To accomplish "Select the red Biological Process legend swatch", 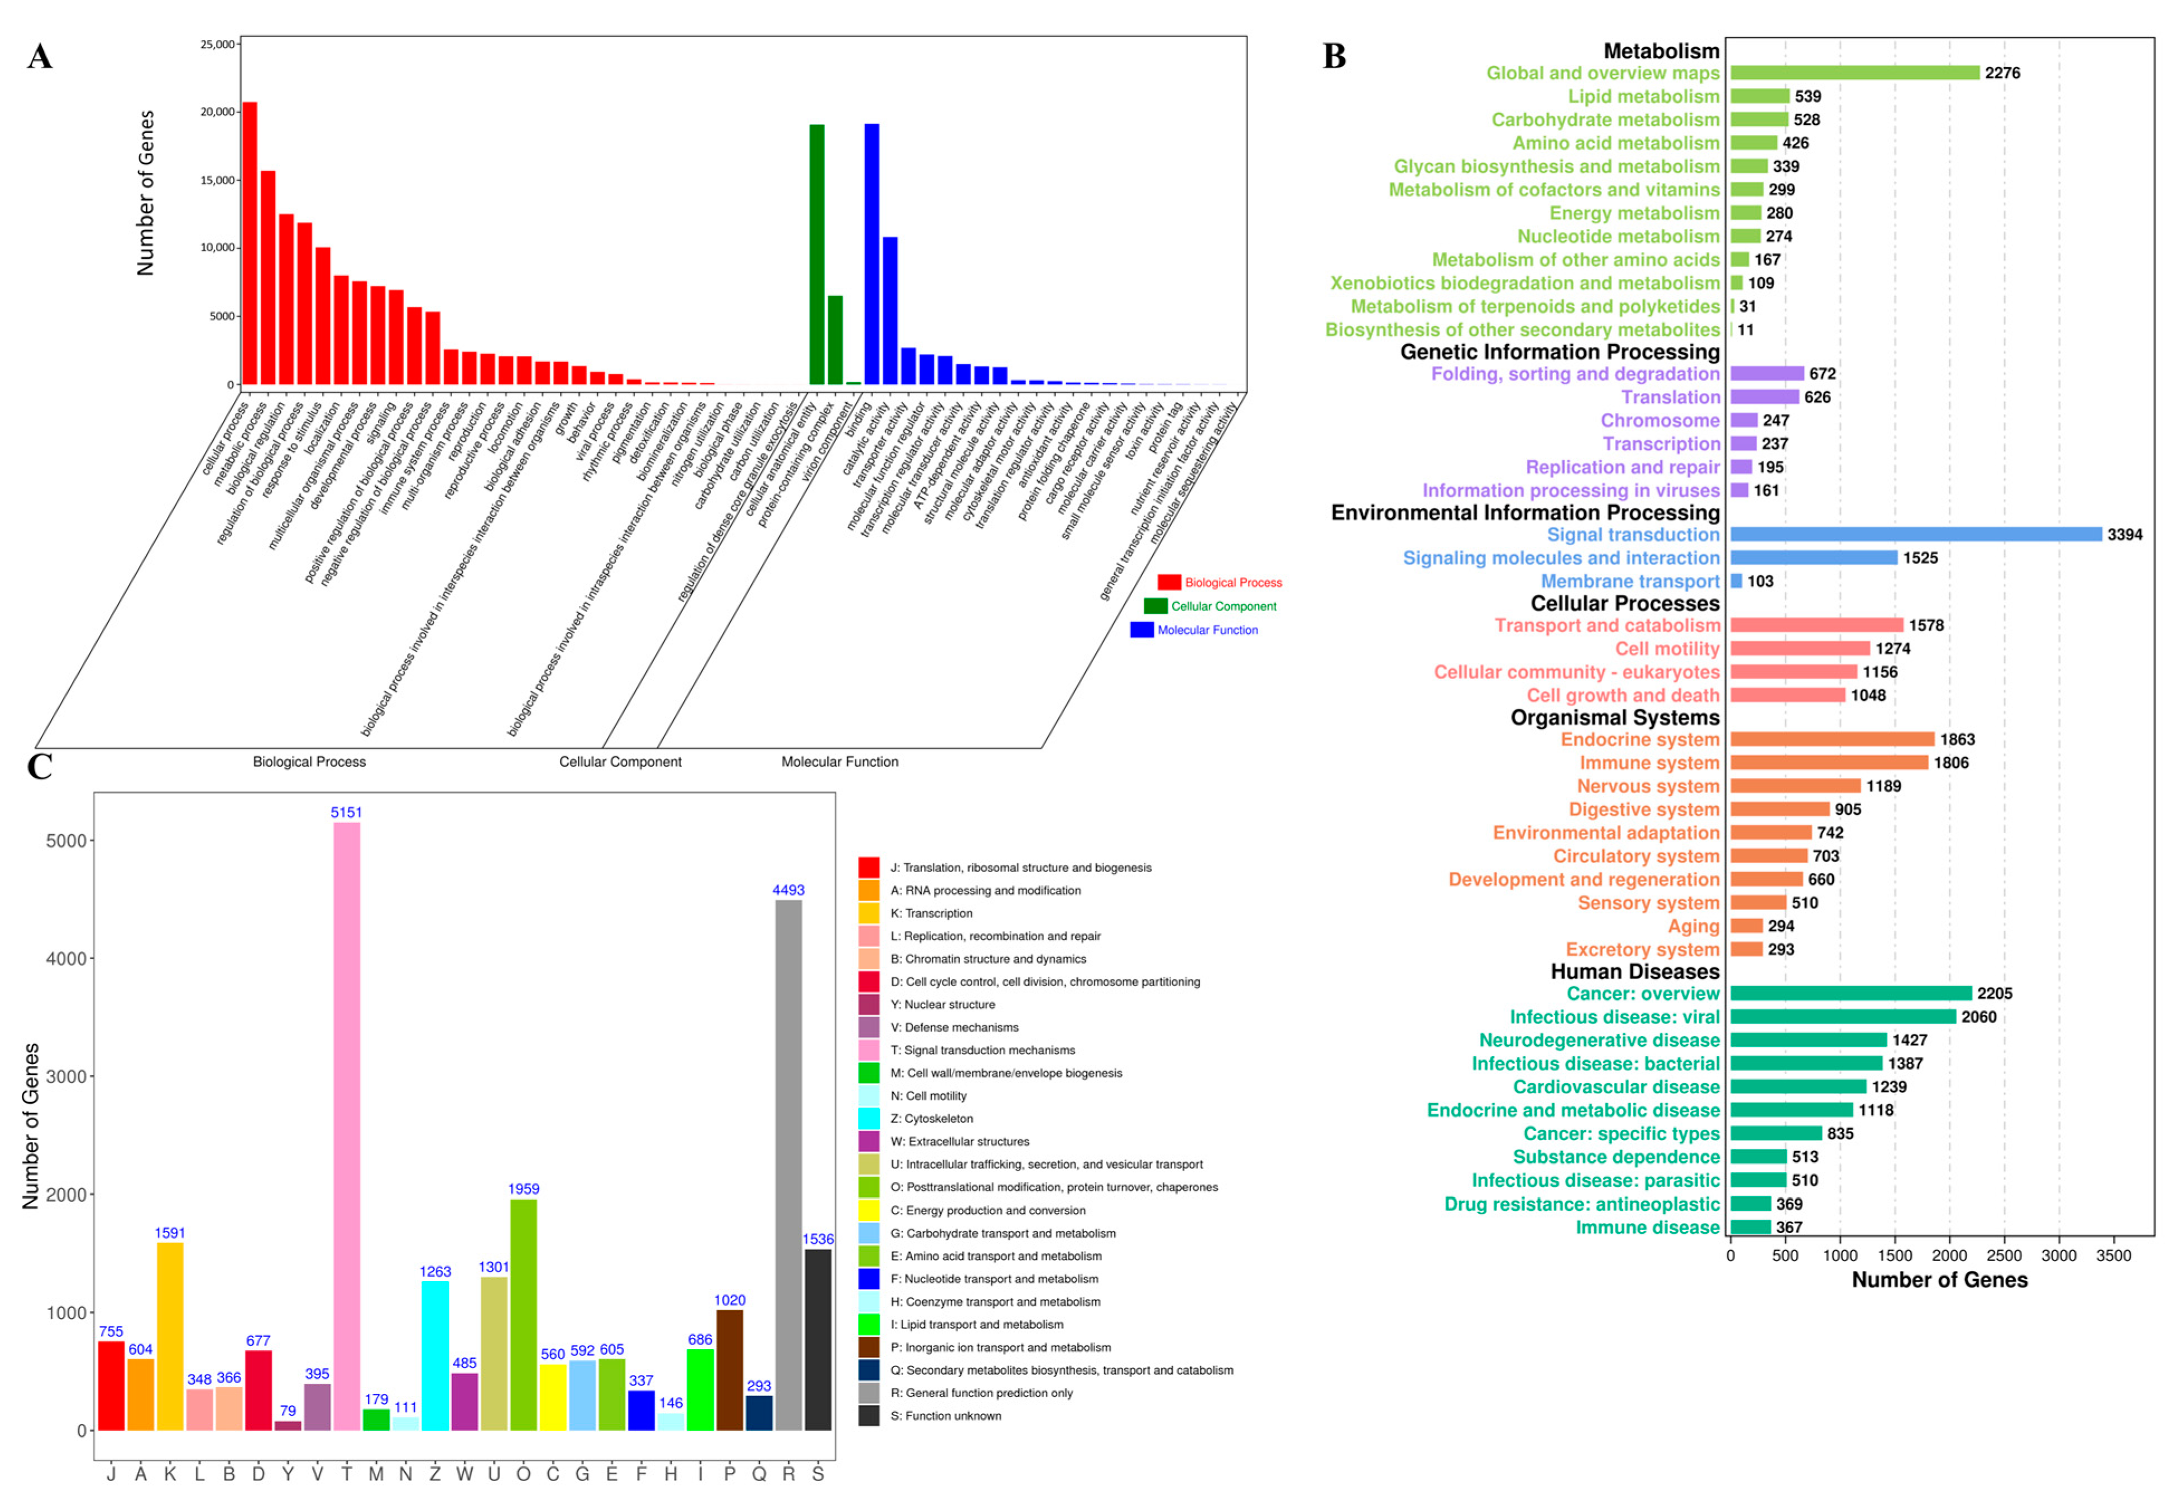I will (1168, 582).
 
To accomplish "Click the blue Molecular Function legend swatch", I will (1142, 630).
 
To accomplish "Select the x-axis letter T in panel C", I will (346, 1474).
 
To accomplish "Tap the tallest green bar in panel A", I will (817, 254).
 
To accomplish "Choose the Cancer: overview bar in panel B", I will (1850, 993).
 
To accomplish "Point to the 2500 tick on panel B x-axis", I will (2004, 1255).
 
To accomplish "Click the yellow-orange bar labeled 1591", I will (170, 1335).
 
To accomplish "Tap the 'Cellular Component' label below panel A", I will (620, 762).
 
